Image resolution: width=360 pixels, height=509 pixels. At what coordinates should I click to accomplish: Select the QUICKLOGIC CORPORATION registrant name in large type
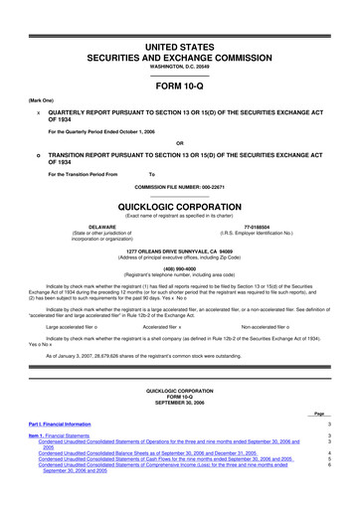coord(180,204)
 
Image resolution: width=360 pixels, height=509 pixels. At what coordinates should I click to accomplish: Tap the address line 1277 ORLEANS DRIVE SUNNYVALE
coord(180,251)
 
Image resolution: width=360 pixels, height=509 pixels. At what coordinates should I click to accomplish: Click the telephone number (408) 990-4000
coord(180,265)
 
